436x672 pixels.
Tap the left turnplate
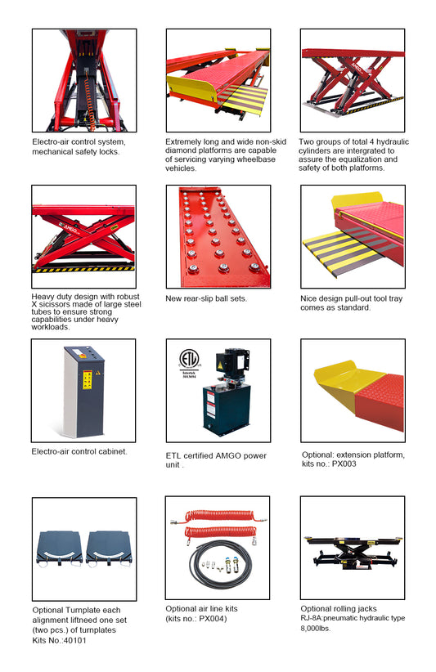pos(59,549)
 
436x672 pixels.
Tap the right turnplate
pos(109,549)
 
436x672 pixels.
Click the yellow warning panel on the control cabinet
pos(87,379)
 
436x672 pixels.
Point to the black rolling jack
pos(353,553)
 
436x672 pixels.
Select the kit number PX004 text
pos(212,618)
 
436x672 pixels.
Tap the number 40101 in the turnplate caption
pos(74,640)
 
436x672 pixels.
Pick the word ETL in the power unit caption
pos(173,455)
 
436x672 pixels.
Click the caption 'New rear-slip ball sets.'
pos(206,298)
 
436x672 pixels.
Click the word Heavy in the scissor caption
pos(42,297)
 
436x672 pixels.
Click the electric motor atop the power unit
pos(231,361)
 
